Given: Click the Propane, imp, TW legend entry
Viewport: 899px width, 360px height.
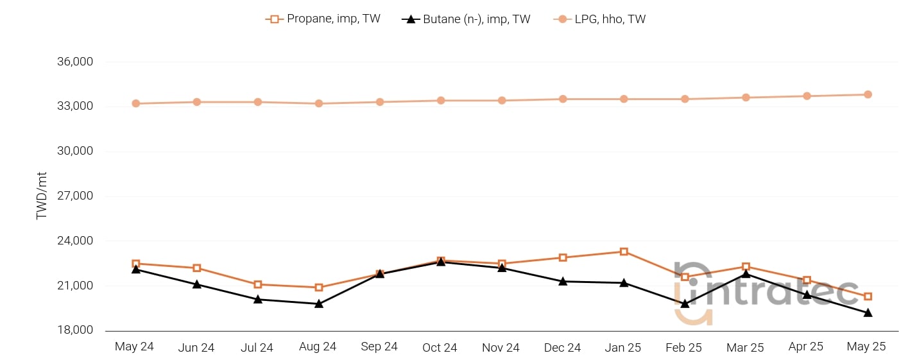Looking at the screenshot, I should click(323, 19).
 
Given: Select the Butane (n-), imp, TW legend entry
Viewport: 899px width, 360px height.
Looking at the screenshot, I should click(467, 19).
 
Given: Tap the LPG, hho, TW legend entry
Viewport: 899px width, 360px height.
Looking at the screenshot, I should click(599, 19).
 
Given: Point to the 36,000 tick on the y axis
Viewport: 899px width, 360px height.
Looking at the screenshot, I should click(75, 62).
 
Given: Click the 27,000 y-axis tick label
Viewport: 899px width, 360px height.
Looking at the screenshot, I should click(75, 196).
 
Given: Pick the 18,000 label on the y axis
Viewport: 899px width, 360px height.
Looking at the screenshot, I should click(75, 330).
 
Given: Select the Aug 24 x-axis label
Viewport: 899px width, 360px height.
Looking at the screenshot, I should click(318, 347).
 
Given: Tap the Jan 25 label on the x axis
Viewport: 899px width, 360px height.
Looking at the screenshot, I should click(623, 348).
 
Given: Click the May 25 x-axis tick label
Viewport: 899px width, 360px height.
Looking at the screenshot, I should click(866, 347).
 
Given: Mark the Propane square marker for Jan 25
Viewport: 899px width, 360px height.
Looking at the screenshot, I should click(624, 252).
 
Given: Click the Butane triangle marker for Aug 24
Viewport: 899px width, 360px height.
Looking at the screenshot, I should click(319, 304).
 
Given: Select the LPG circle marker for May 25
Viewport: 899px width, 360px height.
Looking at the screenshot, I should click(868, 94).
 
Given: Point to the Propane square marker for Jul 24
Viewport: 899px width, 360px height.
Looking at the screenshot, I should click(258, 284).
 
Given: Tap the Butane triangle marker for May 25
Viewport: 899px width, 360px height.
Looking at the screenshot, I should click(868, 313).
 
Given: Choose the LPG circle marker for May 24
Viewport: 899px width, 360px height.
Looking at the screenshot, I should click(136, 103).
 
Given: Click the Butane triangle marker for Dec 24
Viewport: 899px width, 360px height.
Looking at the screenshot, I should click(563, 281).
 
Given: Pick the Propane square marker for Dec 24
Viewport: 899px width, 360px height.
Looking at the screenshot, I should click(563, 257).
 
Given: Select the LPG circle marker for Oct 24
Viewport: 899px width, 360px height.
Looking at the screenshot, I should click(441, 100).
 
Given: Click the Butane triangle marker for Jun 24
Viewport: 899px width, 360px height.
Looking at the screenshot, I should click(197, 284).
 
